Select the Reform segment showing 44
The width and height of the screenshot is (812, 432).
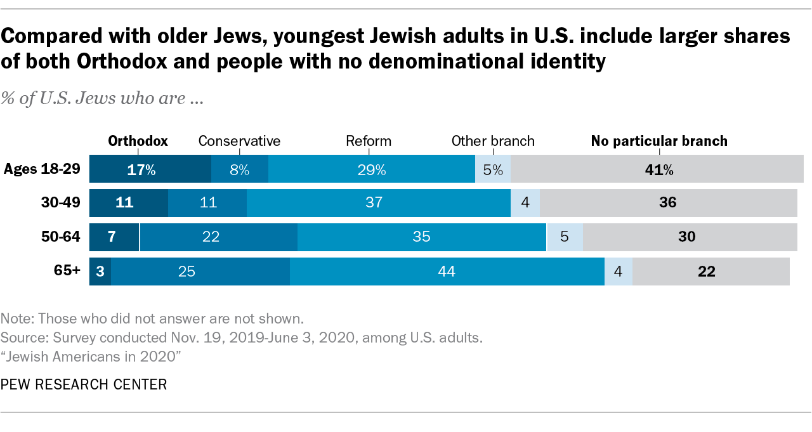pos(447,272)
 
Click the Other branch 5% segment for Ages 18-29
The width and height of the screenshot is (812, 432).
pos(493,169)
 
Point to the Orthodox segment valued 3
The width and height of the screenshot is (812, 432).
pos(100,272)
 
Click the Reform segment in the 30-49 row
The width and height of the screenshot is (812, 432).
pos(379,203)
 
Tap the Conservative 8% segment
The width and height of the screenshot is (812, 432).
pos(239,169)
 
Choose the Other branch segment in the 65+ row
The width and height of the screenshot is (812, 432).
pos(618,272)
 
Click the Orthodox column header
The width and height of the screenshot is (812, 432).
pos(138,141)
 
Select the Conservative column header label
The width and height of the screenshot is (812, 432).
pos(239,141)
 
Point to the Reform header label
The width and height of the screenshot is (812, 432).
pos(369,141)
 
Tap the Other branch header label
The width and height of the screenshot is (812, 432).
pos(493,141)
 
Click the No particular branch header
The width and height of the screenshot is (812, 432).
pos(659,141)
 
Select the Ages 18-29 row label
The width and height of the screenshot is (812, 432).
pos(43,169)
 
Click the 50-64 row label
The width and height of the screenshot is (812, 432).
pos(62,237)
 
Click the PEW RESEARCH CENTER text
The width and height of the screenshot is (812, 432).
pos(84,384)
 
